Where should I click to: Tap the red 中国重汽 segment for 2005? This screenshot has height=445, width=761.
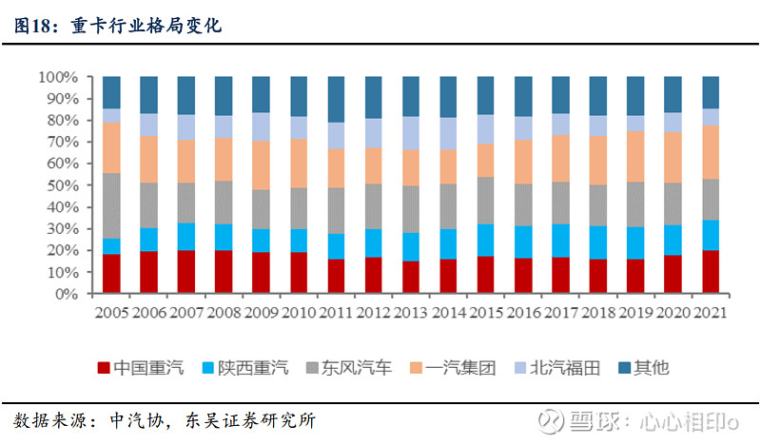click(x=111, y=274)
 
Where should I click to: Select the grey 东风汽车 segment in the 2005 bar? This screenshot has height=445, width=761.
click(x=111, y=205)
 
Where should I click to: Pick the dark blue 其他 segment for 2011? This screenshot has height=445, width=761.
click(x=335, y=99)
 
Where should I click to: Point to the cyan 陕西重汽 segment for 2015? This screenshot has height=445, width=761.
click(x=484, y=240)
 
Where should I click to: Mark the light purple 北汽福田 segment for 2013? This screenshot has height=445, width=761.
click(x=410, y=133)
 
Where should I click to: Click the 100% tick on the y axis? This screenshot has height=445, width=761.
click(x=58, y=76)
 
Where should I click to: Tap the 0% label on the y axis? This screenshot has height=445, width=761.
click(x=66, y=294)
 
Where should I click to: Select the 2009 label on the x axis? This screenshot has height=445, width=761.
click(x=261, y=313)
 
